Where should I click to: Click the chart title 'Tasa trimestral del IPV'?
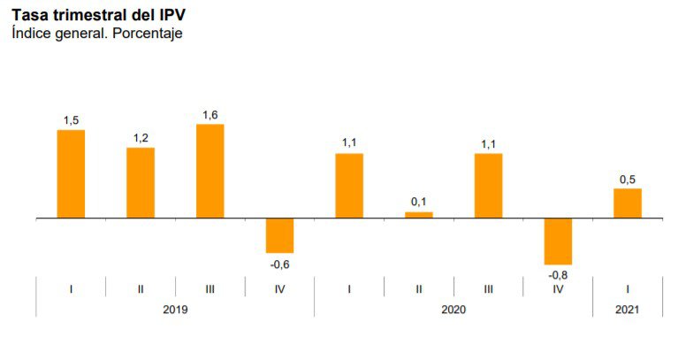[99, 15]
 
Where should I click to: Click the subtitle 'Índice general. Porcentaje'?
[96, 34]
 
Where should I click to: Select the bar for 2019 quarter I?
[71, 173]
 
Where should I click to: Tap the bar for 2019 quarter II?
[141, 182]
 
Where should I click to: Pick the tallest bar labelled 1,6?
[209, 171]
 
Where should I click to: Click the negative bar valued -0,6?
[279, 235]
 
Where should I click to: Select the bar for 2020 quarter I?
[349, 185]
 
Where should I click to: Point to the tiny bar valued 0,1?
[419, 214]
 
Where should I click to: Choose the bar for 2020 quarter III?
[488, 185]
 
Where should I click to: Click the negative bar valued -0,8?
[558, 241]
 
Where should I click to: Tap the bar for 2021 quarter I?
[628, 203]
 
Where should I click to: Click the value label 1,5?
[71, 119]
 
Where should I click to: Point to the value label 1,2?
[141, 137]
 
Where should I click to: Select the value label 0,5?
[628, 179]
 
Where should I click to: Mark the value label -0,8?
[558, 274]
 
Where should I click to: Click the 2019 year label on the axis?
[175, 310]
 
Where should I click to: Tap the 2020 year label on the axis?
[453, 310]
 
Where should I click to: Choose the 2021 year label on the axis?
[628, 310]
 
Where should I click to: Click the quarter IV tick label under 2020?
[558, 288]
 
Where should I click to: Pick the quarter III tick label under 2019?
[209, 288]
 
